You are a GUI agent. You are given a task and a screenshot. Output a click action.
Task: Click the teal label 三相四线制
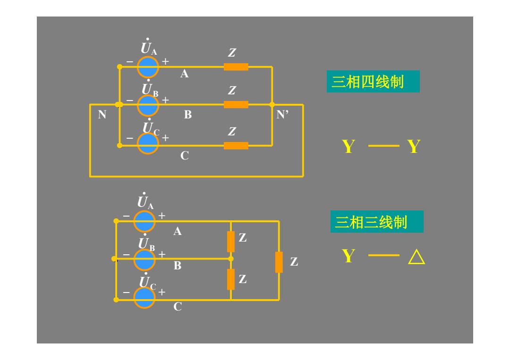[373, 81]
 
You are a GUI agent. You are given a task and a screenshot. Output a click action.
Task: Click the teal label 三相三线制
[377, 222]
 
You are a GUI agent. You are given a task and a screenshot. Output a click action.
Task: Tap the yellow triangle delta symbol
[416, 257]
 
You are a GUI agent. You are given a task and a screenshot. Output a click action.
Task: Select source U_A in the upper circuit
[148, 67]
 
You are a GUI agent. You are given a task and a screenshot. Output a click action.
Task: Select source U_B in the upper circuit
[148, 105]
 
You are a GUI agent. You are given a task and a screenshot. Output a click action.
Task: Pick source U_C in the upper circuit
[148, 143]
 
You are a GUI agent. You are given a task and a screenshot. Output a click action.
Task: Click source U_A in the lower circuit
[144, 221]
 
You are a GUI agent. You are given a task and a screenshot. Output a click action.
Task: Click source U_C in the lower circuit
[144, 298]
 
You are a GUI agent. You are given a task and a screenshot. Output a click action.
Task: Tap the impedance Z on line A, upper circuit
[236, 67]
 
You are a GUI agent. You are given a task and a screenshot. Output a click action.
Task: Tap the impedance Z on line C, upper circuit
[236, 146]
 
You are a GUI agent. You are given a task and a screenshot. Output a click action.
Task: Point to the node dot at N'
[272, 105]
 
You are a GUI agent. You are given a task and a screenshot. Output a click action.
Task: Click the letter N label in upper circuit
[102, 114]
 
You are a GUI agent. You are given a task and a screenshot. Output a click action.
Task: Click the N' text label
[282, 114]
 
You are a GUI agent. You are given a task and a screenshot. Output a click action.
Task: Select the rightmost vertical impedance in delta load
[279, 262]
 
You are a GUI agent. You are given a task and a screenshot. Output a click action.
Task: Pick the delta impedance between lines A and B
[231, 242]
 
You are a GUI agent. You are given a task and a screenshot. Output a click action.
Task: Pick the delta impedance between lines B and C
[231, 279]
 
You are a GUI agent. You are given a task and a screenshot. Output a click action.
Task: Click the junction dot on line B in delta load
[231, 259]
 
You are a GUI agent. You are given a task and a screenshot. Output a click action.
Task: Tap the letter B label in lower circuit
[178, 266]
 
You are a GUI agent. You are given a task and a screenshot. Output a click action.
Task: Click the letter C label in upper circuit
[185, 156]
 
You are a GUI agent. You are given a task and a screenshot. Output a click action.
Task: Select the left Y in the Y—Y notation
[348, 147]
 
